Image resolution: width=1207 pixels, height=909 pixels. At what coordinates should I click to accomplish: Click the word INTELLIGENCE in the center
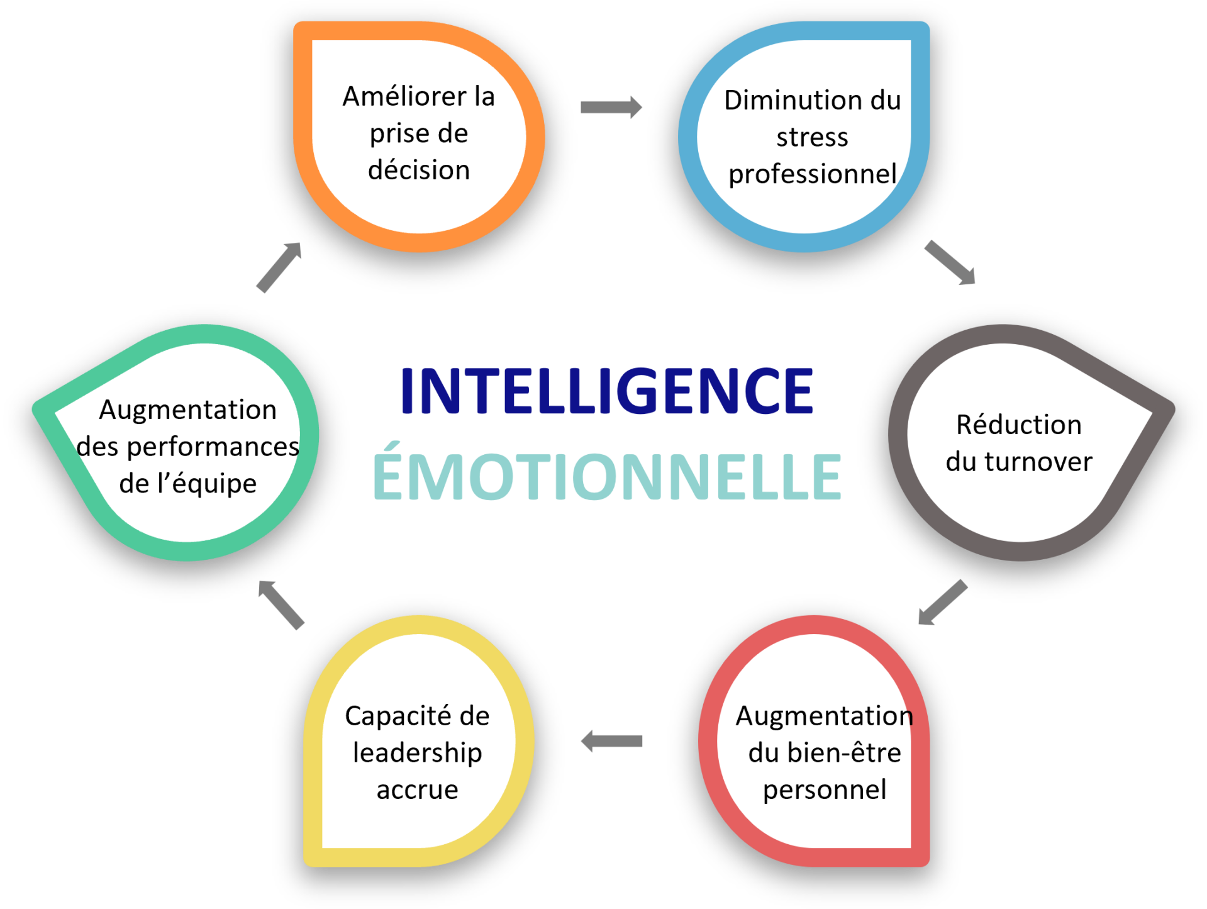point(607,391)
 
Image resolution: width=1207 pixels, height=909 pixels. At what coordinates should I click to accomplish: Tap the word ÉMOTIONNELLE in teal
point(607,476)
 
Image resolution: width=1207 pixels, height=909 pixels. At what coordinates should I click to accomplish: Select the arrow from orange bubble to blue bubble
point(611,107)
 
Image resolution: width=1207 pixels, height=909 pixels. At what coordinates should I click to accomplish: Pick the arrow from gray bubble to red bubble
point(942,602)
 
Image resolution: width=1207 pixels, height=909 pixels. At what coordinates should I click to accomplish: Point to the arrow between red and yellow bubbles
point(611,741)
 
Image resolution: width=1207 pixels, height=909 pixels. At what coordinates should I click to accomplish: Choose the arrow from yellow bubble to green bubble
point(281,604)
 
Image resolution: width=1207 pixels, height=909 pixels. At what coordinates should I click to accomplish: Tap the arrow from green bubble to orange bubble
point(279,267)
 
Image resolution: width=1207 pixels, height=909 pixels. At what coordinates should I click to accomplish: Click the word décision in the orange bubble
point(419,170)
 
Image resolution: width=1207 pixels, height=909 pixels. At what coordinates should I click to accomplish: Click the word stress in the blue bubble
point(812,137)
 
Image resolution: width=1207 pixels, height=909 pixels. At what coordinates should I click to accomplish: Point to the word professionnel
point(812,174)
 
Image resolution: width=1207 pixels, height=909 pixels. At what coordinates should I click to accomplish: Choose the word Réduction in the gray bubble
point(1019,425)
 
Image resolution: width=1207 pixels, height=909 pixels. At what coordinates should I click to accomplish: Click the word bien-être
point(844,753)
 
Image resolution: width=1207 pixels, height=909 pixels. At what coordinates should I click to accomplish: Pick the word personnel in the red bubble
point(825,790)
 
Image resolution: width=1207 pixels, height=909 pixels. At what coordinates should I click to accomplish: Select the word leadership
point(418,753)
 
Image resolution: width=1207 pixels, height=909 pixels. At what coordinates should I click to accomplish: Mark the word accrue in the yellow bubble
point(418,790)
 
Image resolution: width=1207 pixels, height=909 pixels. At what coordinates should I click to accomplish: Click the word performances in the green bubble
point(213,447)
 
